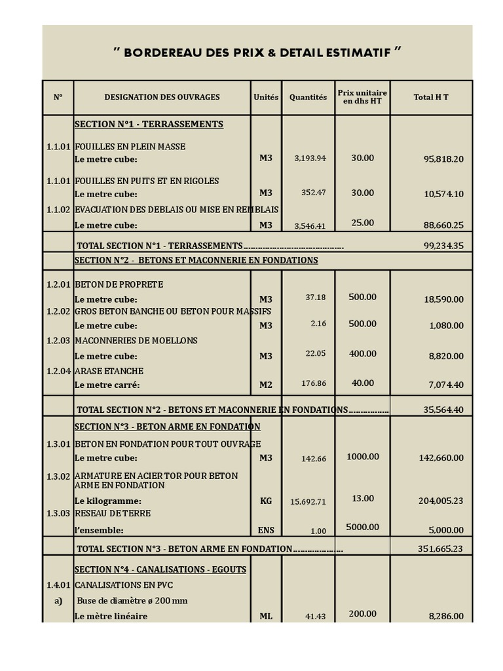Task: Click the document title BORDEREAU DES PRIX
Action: [257, 52]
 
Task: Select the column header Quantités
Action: [308, 98]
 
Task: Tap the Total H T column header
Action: [431, 98]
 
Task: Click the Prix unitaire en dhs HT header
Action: [362, 97]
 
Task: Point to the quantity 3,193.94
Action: [310, 159]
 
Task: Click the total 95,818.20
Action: [443, 159]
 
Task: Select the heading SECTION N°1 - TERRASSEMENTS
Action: [149, 125]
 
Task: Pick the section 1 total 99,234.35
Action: [443, 246]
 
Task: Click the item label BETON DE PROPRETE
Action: [119, 285]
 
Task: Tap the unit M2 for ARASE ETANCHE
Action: [265, 385]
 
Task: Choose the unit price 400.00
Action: [362, 354]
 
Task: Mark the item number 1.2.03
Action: [58, 341]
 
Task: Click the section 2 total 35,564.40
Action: [443, 410]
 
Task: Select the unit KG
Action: [265, 501]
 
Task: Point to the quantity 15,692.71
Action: [308, 502]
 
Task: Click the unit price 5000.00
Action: [362, 527]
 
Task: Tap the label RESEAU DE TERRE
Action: [113, 514]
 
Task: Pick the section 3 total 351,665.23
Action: [440, 549]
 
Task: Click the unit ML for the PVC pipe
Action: [265, 617]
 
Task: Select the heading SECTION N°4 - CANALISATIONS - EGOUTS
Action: [160, 569]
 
